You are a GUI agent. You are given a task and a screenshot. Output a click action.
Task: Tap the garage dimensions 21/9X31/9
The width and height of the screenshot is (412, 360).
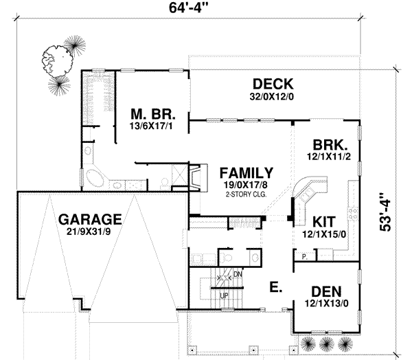click(x=90, y=234)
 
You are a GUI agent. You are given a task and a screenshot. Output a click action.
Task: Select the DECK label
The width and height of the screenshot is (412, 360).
click(x=273, y=84)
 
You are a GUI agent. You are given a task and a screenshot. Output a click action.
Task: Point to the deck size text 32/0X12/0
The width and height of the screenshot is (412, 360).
click(x=273, y=97)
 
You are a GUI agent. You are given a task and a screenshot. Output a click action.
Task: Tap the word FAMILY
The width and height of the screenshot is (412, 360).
click(x=245, y=173)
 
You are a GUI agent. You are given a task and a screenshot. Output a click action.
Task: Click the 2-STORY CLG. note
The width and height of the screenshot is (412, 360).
click(x=245, y=194)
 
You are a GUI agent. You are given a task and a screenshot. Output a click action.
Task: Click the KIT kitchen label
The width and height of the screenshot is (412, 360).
click(x=325, y=222)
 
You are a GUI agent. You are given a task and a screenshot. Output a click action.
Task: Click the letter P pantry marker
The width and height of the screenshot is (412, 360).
click(x=303, y=256)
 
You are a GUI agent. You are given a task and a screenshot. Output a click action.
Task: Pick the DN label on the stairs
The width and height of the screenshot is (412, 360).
click(x=238, y=274)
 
